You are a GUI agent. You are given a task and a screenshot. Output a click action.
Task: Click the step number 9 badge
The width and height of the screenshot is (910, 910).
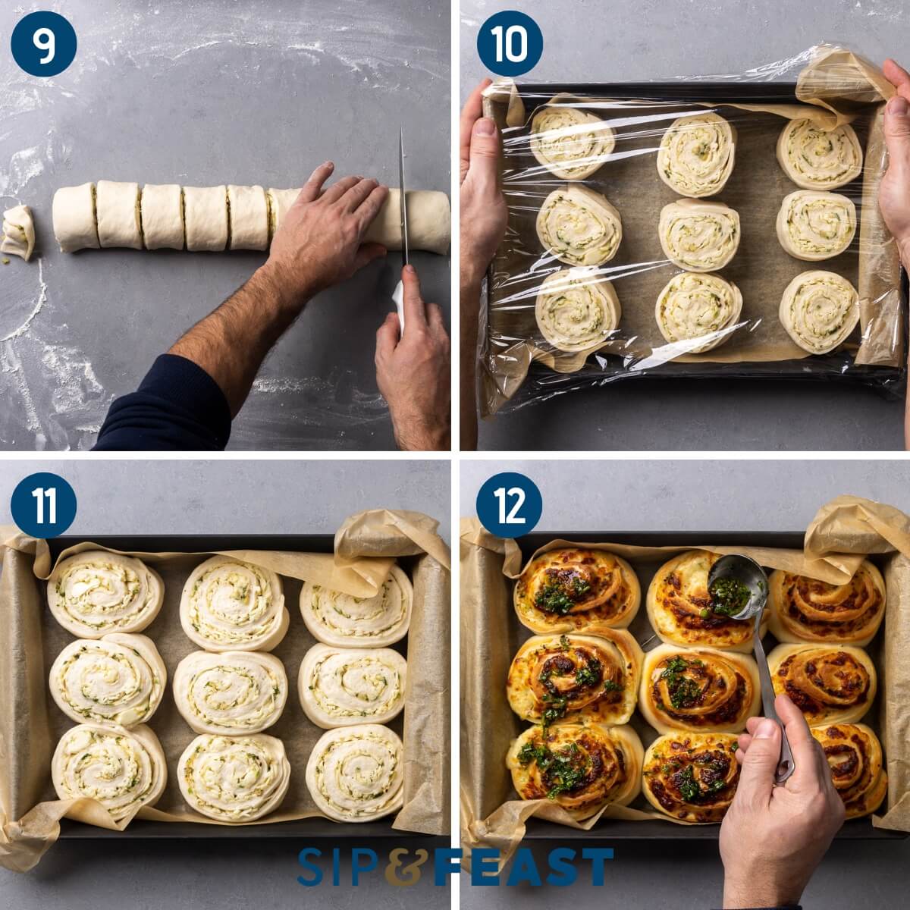coord(44,44)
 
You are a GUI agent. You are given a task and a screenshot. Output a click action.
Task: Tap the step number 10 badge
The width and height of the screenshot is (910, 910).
coord(510,44)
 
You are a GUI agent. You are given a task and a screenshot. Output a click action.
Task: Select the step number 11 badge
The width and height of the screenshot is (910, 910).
coord(44,505)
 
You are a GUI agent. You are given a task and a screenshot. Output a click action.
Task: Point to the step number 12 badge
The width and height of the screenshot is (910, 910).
coord(510,505)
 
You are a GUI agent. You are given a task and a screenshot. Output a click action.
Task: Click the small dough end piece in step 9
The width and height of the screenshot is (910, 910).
coord(18,231)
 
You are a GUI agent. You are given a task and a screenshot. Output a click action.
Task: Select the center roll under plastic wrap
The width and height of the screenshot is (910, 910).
coord(698,234)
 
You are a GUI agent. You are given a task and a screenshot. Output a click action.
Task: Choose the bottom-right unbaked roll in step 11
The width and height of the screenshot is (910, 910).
coord(355,771)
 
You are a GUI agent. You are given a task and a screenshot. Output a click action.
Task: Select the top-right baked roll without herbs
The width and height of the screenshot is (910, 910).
coord(826,602)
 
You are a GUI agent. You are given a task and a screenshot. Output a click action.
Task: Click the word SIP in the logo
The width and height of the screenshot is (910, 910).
coord(341,867)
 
